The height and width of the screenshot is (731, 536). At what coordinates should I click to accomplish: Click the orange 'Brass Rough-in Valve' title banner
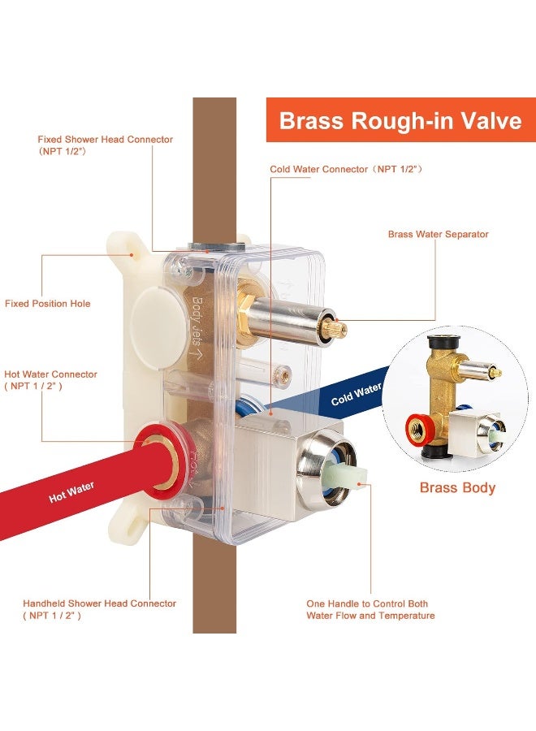point(401,120)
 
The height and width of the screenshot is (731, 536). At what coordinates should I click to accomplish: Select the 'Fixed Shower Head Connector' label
point(106,145)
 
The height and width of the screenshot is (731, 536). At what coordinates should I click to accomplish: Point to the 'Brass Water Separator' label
point(438,234)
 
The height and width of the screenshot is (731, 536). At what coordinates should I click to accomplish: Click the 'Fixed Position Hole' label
point(48,304)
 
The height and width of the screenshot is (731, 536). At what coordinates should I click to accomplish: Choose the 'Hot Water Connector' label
point(50,380)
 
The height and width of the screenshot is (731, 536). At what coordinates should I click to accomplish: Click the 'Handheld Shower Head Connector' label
point(99,609)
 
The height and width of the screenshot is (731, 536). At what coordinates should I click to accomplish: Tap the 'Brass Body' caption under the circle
point(457,487)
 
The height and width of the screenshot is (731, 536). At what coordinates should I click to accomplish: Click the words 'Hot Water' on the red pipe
point(71,492)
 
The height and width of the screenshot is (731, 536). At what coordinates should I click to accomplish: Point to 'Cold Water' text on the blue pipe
point(357,395)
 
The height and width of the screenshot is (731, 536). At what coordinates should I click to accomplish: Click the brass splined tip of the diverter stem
point(339,329)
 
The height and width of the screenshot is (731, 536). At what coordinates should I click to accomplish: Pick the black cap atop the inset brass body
point(444,343)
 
